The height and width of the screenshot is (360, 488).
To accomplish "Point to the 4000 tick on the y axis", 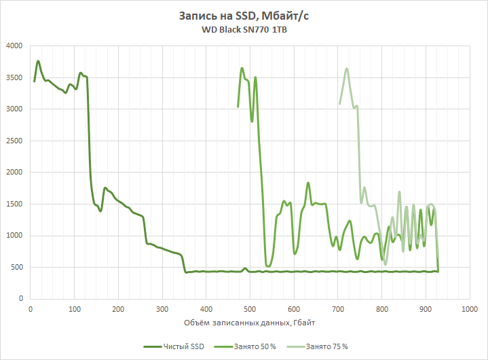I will coord(15,46).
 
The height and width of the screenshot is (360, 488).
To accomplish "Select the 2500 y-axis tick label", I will coord(15,141).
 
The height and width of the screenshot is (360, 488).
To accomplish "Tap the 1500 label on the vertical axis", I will coord(15,204).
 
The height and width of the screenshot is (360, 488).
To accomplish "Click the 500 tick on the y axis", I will coord(17,267).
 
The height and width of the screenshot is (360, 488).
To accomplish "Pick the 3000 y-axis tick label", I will coord(15,109).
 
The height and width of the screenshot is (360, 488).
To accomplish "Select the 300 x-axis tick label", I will coord(162,309).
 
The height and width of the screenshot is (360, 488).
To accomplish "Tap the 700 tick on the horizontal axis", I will coord(337,309).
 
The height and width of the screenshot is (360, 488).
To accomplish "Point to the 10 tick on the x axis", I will coord(31,309).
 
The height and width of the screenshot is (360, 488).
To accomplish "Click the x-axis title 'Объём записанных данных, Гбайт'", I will coord(249,321).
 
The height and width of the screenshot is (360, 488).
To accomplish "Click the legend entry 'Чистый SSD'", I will coord(181,346).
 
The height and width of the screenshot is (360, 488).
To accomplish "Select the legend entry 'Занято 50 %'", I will coord(253,346).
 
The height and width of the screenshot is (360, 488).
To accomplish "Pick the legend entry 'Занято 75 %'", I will coord(326,346).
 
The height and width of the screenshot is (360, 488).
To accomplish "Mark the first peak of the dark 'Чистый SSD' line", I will coord(38,61).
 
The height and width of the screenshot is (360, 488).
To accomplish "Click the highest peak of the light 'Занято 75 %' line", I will coord(347,68).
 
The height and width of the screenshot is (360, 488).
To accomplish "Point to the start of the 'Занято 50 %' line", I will coord(238,107).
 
